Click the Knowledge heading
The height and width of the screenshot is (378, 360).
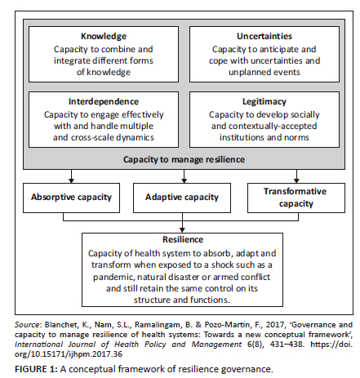[x=104, y=36]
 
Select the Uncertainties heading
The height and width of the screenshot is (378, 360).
[x=264, y=36]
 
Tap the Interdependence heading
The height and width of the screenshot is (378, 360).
[x=104, y=101]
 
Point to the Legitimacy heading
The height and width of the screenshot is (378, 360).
[x=264, y=102]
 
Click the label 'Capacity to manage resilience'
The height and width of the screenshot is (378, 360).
[x=184, y=159]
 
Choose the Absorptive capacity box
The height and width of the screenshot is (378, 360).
[x=71, y=198]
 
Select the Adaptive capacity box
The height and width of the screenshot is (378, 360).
[x=182, y=198]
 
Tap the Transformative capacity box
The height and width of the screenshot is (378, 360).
[x=296, y=198]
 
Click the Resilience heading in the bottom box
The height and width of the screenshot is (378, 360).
[x=183, y=239]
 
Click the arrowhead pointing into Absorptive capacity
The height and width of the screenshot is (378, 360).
[x=71, y=180]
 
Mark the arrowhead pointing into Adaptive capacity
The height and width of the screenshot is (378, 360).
[x=184, y=180]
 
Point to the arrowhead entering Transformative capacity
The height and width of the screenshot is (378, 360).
[x=296, y=180]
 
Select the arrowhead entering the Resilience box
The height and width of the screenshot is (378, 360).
[x=182, y=230]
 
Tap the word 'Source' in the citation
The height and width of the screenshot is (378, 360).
[x=27, y=325]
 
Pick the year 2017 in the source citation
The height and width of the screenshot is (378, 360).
[x=275, y=325]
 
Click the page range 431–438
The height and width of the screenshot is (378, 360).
[x=286, y=345]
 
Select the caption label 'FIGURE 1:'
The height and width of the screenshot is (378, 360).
[x=36, y=369]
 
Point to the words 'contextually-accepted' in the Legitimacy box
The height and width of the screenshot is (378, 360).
[x=273, y=126]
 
